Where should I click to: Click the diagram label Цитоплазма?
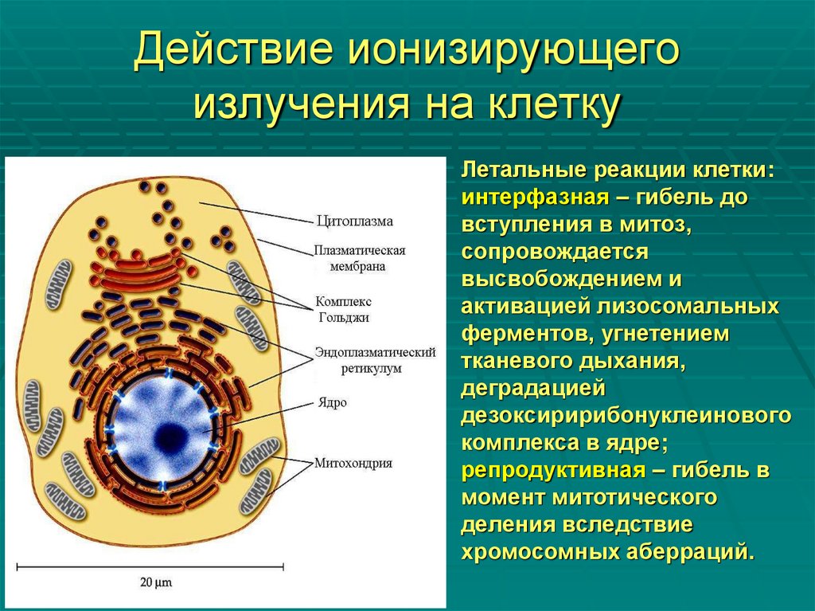[354, 221]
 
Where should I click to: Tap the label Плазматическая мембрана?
[360, 258]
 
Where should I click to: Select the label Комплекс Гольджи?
[343, 309]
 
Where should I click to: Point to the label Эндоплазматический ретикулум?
[375, 360]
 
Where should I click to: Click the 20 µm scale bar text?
[156, 582]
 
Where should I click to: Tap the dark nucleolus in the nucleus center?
[170, 436]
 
